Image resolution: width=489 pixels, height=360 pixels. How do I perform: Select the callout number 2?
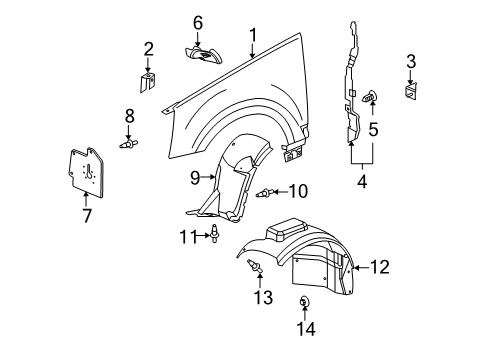[148, 48]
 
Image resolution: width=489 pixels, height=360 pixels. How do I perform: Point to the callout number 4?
[361, 183]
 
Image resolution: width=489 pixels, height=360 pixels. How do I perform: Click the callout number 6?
[198, 22]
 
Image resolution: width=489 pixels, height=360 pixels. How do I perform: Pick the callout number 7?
[86, 215]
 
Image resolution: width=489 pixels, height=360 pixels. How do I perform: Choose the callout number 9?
[195, 180]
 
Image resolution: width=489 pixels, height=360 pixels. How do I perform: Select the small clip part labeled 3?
[411, 91]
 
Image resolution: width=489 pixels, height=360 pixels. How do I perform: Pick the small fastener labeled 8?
[128, 145]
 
